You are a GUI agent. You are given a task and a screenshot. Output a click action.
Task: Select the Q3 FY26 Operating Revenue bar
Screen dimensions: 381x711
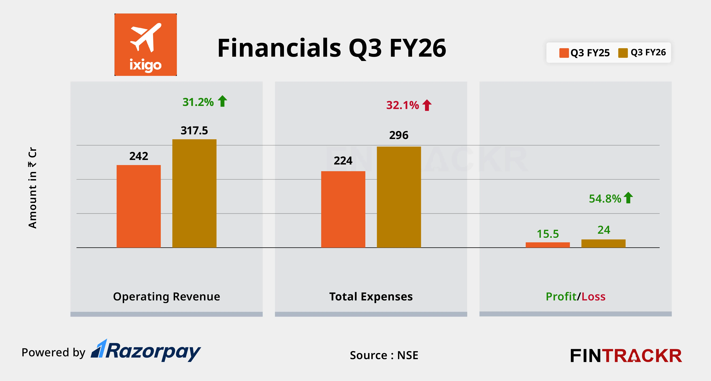coord(194,193)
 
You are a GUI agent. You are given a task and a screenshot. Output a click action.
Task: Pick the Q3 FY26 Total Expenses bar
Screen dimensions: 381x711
coord(399,197)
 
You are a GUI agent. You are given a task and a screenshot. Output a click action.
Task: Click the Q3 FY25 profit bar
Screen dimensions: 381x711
coord(548,245)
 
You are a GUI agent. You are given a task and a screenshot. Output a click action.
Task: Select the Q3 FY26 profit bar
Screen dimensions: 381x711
coord(603,243)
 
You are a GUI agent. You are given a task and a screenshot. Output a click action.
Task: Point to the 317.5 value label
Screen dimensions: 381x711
coord(194,130)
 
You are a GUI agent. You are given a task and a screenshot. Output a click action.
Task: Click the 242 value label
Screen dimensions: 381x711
coord(138,156)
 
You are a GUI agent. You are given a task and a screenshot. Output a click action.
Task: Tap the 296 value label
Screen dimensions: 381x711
coord(399,135)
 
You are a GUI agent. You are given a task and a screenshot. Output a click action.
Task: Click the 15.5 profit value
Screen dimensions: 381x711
coord(548,234)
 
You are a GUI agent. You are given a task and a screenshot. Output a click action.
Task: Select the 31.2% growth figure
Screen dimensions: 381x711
coord(198,102)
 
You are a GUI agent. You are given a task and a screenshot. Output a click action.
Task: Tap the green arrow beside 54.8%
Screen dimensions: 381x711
coord(628,198)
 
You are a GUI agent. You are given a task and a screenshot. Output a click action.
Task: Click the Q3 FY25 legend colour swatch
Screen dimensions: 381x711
coord(564,53)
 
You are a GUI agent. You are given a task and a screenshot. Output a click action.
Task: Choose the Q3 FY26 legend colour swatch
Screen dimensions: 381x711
coord(623,53)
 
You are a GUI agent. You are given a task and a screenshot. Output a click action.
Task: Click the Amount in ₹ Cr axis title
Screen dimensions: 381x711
coord(33,188)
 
